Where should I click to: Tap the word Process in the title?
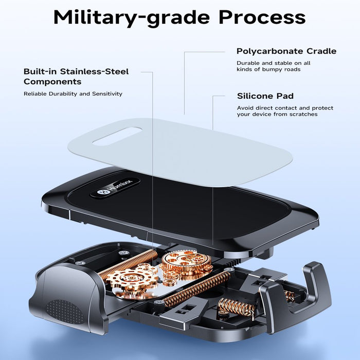[x=262, y=17]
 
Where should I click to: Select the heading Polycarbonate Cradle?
[x=286, y=51]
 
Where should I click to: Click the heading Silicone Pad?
[x=265, y=96]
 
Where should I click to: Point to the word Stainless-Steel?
[x=94, y=71]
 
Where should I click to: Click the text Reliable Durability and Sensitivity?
[x=73, y=94]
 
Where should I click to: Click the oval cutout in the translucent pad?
[x=117, y=136]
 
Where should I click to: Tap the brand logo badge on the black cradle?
[x=115, y=188]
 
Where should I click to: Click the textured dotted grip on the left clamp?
[x=65, y=312]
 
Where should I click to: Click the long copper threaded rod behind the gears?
[x=128, y=263]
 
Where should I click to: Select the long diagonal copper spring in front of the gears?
[x=197, y=287]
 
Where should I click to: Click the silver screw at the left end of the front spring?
[x=158, y=302]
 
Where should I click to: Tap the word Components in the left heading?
[x=52, y=82]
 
